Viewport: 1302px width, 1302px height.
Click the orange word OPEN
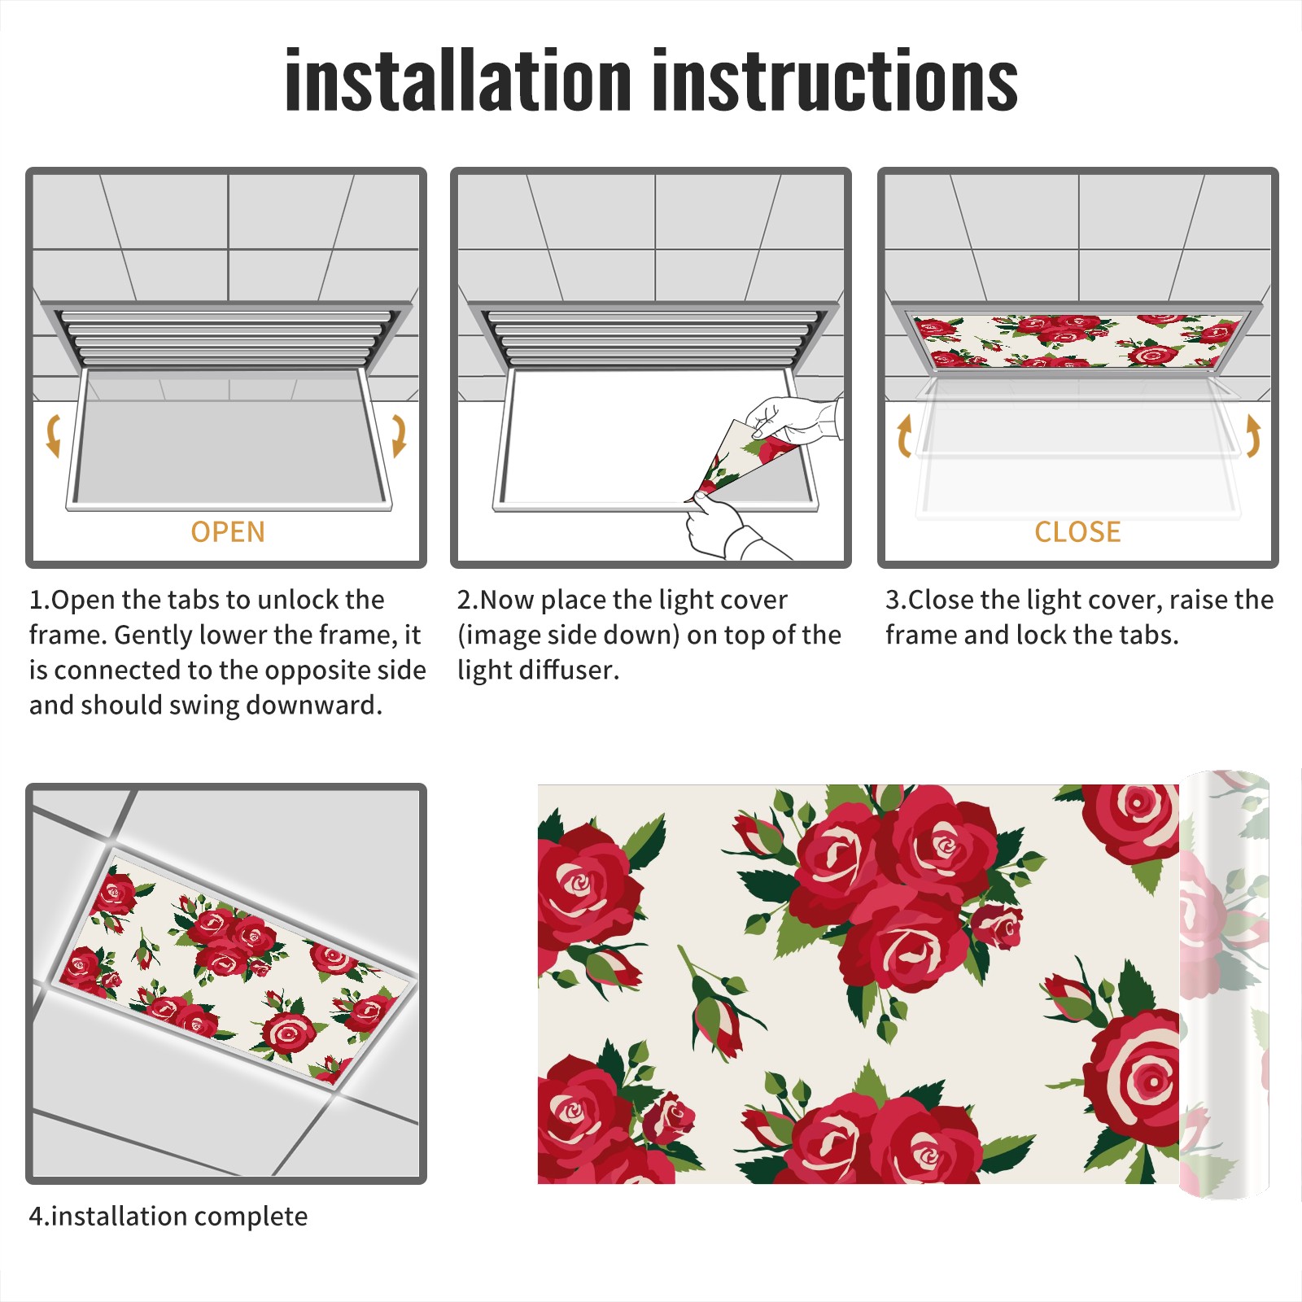(228, 532)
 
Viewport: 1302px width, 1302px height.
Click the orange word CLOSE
(1077, 532)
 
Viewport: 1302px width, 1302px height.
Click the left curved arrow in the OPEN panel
(53, 435)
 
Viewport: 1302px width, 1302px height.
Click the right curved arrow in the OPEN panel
(399, 435)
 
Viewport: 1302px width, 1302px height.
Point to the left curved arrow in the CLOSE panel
(904, 435)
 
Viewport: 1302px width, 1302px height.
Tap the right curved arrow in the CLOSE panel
(1253, 435)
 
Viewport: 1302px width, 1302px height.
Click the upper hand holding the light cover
(793, 419)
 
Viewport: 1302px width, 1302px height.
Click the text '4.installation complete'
(168, 1217)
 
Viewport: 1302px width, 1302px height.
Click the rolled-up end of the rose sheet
(1225, 985)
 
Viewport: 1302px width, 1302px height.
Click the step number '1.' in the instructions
(39, 600)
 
